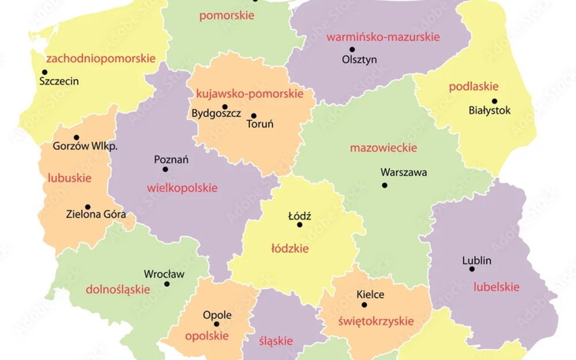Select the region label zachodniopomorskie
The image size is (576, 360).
point(100,58)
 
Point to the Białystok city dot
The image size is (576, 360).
point(495,100)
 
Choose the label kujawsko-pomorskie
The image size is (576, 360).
point(249,93)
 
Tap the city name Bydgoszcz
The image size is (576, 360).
point(216,113)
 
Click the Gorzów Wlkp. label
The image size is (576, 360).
point(84,147)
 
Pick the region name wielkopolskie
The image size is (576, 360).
point(182,188)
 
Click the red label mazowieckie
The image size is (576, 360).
point(383,148)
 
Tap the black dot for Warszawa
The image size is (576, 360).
point(385,186)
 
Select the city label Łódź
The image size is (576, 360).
point(300,216)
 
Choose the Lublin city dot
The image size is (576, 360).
point(472,269)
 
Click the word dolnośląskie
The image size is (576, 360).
point(118,289)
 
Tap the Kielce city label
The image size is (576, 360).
point(370,294)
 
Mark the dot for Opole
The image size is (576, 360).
point(217,324)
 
